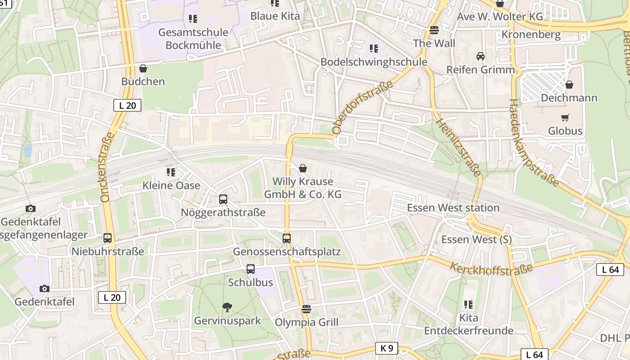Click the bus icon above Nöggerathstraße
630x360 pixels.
click(223, 199)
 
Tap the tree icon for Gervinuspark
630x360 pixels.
click(227, 308)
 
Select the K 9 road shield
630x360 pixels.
click(387, 348)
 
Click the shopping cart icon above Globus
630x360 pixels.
click(565, 118)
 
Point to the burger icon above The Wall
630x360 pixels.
click(434, 30)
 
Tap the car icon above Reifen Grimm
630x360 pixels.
click(481, 56)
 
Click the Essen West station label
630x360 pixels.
click(453, 208)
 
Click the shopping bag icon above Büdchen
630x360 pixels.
click(143, 68)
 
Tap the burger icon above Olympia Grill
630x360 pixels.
click(306, 309)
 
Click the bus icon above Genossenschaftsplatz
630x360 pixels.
click(287, 238)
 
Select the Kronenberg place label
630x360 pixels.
click(531, 35)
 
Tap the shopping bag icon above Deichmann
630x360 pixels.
click(569, 85)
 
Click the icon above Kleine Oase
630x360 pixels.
click(171, 172)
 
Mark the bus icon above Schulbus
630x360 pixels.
click(251, 269)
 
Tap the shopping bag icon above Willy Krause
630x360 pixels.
click(303, 168)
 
